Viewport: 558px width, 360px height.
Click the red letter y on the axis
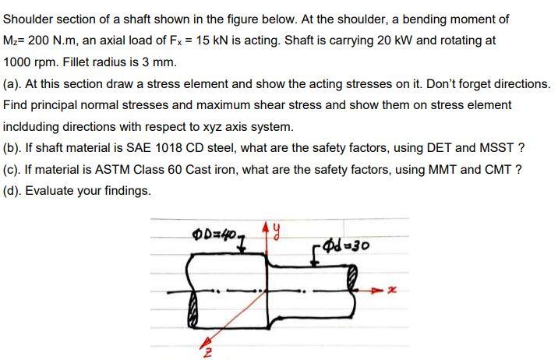tap(276, 231)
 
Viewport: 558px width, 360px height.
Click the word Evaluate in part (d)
tap(53, 190)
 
